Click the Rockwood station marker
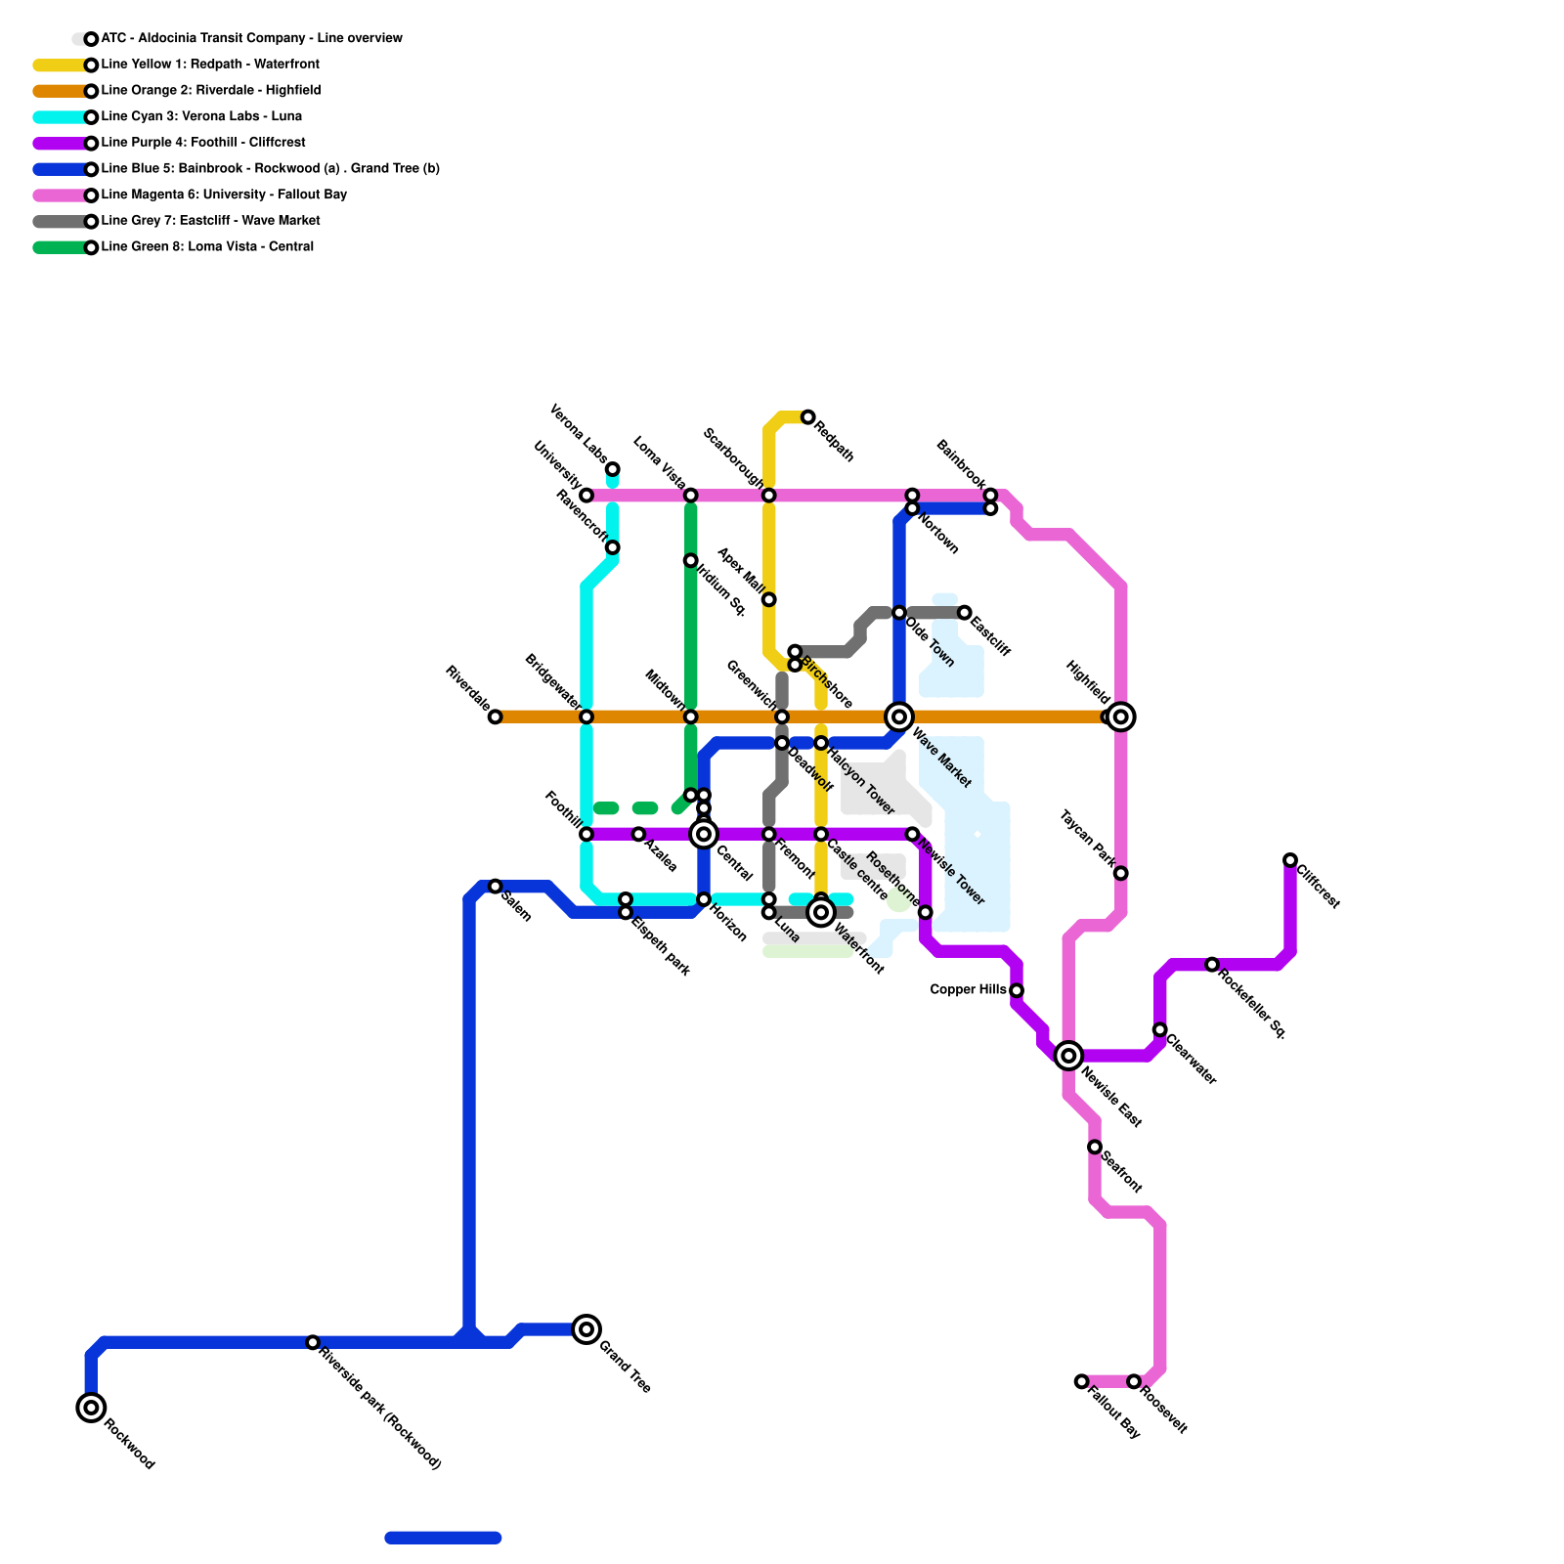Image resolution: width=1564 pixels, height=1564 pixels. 91,1408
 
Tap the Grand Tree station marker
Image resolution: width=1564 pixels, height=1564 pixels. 586,1329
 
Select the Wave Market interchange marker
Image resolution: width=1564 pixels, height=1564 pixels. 899,717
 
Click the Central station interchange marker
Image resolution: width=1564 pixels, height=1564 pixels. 704,834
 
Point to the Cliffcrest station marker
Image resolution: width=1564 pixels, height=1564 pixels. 1290,860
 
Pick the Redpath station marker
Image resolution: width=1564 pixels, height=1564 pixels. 808,417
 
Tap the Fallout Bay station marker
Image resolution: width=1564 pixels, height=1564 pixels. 1081,1381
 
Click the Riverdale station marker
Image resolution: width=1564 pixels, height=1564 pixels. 496,717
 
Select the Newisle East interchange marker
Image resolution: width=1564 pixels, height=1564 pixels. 1068,1056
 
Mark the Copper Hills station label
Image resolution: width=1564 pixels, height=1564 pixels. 968,990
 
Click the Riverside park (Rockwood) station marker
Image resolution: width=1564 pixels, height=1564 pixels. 313,1342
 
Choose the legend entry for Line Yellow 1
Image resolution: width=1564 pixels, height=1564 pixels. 210,65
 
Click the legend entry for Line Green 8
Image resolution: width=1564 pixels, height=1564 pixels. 207,247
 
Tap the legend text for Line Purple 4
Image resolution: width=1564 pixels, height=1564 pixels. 203,143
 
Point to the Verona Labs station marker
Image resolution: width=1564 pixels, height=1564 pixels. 612,469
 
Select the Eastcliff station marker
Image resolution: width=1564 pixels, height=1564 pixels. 965,613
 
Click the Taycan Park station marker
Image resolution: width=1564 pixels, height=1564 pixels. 1121,873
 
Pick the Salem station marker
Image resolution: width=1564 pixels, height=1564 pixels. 496,887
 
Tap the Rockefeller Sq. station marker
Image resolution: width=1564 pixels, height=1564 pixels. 1212,965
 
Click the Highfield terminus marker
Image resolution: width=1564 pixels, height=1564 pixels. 1121,717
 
